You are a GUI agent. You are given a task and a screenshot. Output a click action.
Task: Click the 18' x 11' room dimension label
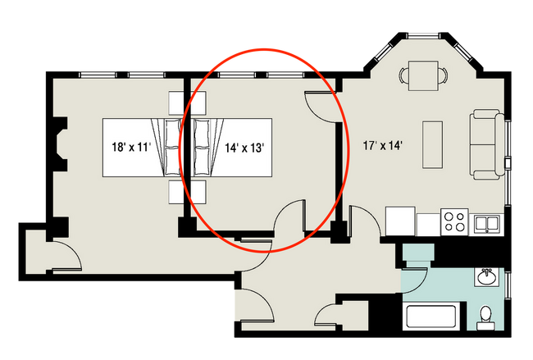pos(131,148)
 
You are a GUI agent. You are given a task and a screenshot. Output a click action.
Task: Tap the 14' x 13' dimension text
pos(244,148)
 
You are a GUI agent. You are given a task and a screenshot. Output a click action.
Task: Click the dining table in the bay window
pos(423,74)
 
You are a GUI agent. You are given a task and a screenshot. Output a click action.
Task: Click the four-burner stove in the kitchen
pos(455,221)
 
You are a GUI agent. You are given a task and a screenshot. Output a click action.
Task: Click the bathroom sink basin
pos(486,276)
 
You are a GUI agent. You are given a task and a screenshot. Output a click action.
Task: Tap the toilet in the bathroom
pos(485,315)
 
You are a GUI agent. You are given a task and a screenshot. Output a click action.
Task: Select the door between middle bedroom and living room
pos(321,106)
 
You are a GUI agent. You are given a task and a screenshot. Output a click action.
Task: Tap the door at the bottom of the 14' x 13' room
pos(289,220)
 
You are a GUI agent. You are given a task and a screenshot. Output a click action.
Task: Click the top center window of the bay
pos(423,34)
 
